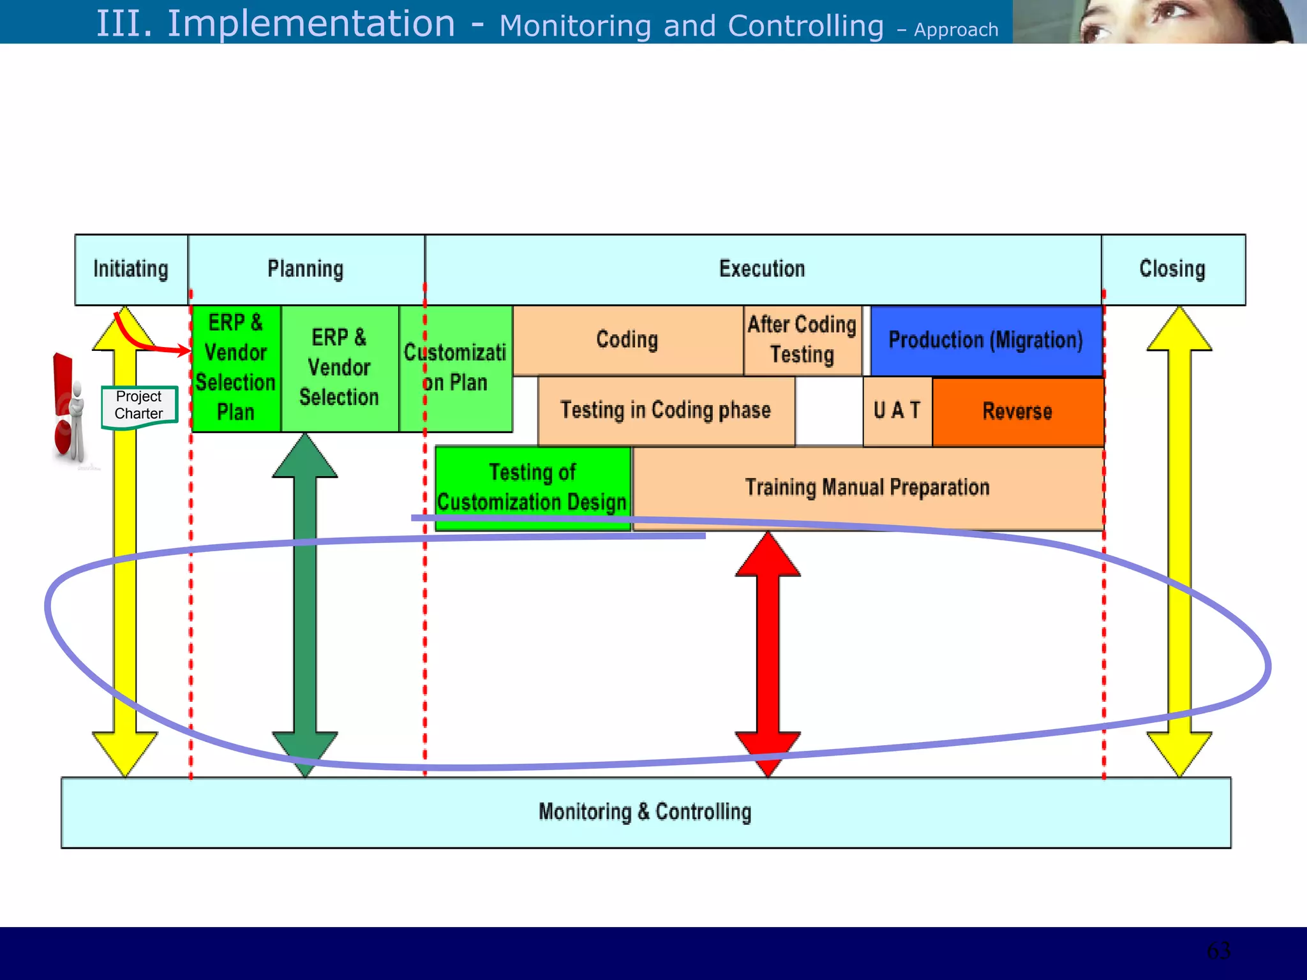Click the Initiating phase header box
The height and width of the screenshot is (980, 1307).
pyautogui.click(x=131, y=269)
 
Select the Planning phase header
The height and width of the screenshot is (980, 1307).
pyautogui.click(x=306, y=269)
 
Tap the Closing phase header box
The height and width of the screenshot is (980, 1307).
pyautogui.click(x=1172, y=269)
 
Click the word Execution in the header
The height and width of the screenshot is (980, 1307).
pyautogui.click(x=762, y=269)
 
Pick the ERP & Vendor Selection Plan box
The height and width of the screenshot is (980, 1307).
pyautogui.click(x=235, y=368)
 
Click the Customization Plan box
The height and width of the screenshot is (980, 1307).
pyautogui.click(x=455, y=368)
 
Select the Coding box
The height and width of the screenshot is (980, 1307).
pyautogui.click(x=627, y=340)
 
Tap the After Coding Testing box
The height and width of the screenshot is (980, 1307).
pyautogui.click(x=802, y=340)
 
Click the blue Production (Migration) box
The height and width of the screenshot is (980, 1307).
pyautogui.click(x=986, y=341)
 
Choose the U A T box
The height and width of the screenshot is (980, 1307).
pyautogui.click(x=897, y=411)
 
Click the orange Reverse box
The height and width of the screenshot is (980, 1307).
pyautogui.click(x=1017, y=412)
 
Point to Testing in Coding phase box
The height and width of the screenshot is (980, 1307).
pyautogui.click(x=666, y=410)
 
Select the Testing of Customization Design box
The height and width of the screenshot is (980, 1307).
pyautogui.click(x=532, y=487)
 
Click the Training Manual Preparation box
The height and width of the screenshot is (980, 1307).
pyautogui.click(x=867, y=487)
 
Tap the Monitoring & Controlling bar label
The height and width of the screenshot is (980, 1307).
pyautogui.click(x=645, y=812)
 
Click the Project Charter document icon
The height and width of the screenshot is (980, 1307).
pyautogui.click(x=138, y=406)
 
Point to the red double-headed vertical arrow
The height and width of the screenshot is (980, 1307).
pyautogui.click(x=768, y=654)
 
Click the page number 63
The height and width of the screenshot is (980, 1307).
pyautogui.click(x=1218, y=951)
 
